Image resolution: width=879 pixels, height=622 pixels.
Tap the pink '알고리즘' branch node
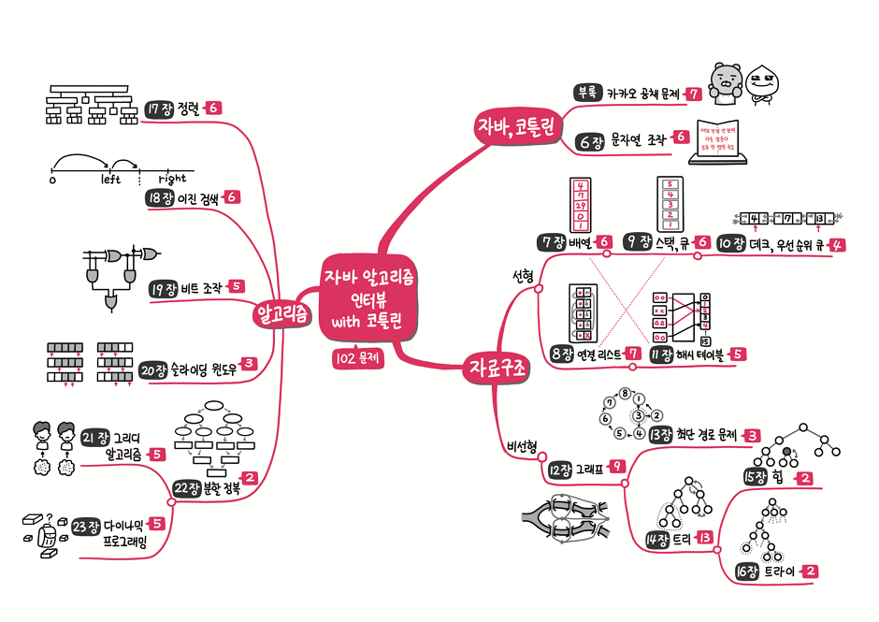click(282, 314)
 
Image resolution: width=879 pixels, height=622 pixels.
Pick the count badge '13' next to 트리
click(706, 538)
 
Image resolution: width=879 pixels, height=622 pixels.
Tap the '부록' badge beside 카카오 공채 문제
click(586, 93)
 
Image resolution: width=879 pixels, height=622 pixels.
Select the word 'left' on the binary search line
click(111, 179)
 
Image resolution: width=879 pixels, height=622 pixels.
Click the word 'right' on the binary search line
click(172, 179)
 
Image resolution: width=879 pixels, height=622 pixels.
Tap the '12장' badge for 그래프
click(560, 470)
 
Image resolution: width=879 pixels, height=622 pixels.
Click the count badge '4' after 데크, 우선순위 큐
click(838, 245)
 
